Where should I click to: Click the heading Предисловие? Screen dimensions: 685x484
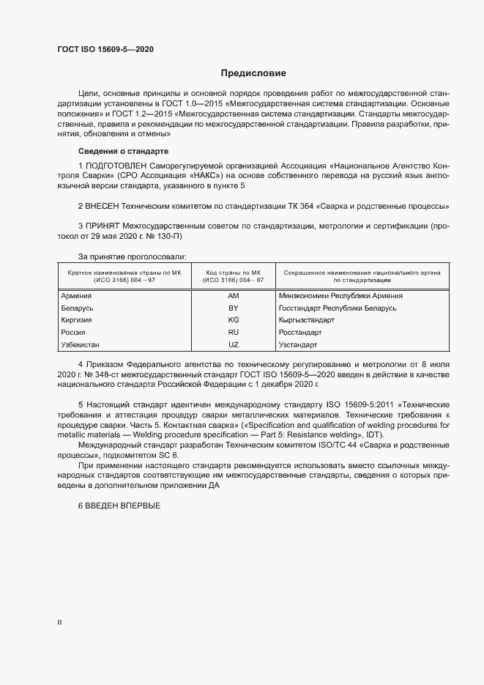253,73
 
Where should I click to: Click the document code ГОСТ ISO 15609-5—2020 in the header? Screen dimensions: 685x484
105,50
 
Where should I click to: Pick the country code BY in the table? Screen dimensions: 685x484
234,308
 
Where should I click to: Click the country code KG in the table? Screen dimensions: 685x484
234,320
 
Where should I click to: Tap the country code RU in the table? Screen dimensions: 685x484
234,333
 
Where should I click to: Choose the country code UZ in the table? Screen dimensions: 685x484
234,344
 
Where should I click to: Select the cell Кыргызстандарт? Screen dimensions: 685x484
306,320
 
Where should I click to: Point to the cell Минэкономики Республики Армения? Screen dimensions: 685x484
340,296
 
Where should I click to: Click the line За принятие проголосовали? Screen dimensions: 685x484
132,256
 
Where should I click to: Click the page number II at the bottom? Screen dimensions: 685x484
60,623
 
